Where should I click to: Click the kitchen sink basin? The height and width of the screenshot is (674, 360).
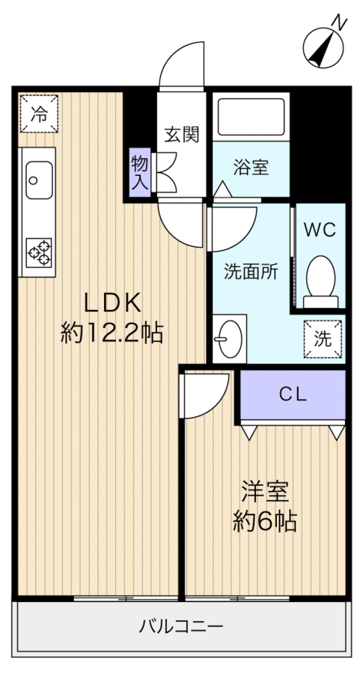tap(37, 180)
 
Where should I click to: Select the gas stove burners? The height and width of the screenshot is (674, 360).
tap(38, 252)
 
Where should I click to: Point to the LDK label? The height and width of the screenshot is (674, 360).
tap(112, 303)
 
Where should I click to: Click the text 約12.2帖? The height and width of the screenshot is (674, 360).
tap(112, 333)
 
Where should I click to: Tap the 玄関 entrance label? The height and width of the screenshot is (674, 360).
tap(182, 135)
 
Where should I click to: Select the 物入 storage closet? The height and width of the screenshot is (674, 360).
tap(140, 172)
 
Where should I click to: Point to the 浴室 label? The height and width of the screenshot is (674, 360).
tap(249, 167)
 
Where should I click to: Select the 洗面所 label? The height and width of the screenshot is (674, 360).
tap(251, 272)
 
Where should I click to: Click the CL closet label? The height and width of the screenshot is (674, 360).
tap(293, 395)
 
